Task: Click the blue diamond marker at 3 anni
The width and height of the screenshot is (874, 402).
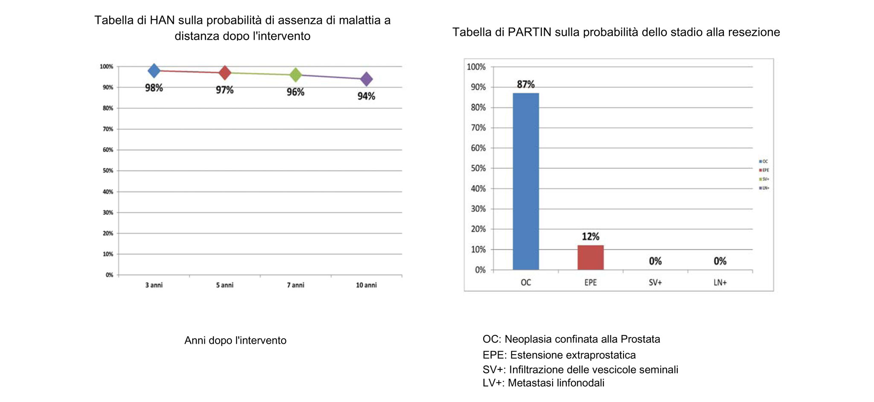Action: point(154,70)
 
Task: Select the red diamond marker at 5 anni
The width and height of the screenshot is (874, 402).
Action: point(225,73)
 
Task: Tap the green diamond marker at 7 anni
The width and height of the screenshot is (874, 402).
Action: point(296,75)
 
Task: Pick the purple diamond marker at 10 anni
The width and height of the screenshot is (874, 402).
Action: point(366,79)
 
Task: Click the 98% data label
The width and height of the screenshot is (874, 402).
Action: point(154,88)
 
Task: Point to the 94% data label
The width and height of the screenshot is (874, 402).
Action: point(366,97)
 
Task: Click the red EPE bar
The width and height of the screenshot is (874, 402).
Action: point(591,257)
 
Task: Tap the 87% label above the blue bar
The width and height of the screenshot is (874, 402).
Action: point(526,85)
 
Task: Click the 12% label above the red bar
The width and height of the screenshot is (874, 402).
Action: point(591,237)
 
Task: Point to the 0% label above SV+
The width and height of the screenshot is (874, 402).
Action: point(655,261)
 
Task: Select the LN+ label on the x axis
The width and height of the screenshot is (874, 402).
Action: point(720,282)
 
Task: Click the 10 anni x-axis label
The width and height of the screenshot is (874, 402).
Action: point(366,285)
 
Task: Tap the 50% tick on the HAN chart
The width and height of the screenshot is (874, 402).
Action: point(108,171)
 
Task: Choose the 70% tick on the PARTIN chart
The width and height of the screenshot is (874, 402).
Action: point(478,128)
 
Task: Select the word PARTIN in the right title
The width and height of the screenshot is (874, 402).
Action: point(529,32)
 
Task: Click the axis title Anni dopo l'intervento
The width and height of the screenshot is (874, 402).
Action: point(235,340)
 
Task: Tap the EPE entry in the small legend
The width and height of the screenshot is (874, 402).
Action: point(764,170)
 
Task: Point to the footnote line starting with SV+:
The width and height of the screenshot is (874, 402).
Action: point(580,370)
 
